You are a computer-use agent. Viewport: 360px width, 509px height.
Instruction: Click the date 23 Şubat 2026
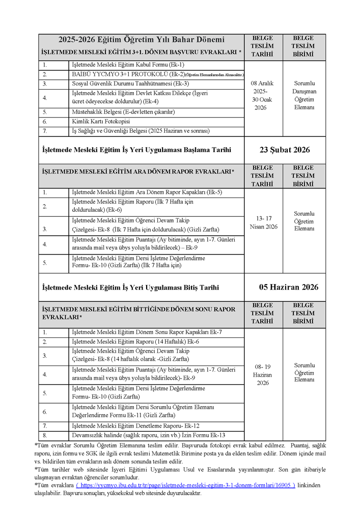[x=285, y=150]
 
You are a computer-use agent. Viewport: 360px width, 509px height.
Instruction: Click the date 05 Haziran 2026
[x=289, y=287]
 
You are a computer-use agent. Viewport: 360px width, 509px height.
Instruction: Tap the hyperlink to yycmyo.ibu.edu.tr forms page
[x=185, y=486]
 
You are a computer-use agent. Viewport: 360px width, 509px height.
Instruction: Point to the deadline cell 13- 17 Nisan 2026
[x=264, y=222]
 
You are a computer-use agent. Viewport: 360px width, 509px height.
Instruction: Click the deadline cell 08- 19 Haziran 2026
[x=263, y=375]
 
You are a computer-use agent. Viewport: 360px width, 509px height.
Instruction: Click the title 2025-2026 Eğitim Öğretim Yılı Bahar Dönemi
[x=141, y=40]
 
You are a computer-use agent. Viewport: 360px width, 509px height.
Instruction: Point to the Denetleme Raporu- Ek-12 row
[x=135, y=426]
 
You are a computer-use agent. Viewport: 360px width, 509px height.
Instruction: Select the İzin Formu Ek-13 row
[x=148, y=435]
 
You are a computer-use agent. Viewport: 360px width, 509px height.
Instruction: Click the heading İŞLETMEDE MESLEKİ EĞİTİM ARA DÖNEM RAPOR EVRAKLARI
[x=138, y=172]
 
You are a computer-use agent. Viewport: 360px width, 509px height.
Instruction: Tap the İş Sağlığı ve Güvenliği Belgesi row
[x=141, y=131]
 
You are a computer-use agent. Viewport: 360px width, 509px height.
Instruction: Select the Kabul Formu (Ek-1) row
[x=128, y=65]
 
